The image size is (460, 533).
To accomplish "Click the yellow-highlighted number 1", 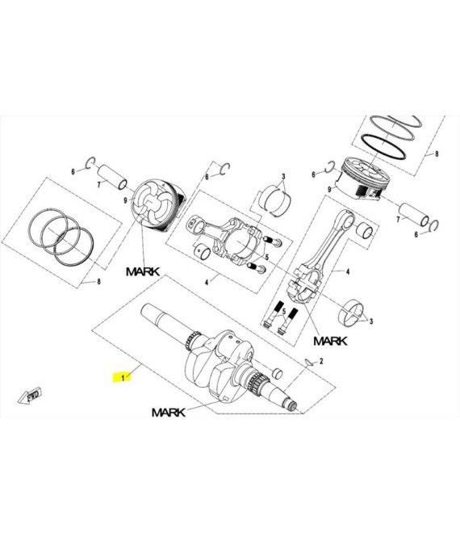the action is pyautogui.click(x=123, y=378).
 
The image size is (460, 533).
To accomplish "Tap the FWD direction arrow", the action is pyautogui.click(x=30, y=396).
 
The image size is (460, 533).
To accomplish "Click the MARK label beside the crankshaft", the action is pyautogui.click(x=169, y=413).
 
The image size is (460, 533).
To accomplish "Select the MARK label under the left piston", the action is pyautogui.click(x=143, y=271).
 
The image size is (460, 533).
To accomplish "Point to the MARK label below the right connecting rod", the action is pyautogui.click(x=330, y=341).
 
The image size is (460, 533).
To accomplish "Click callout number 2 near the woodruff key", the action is pyautogui.click(x=321, y=361).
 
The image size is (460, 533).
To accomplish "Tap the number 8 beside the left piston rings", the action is pyautogui.click(x=99, y=282).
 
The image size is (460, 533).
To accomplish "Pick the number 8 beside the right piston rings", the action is pyautogui.click(x=437, y=153).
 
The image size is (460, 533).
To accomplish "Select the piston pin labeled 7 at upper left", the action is pyautogui.click(x=112, y=176).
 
